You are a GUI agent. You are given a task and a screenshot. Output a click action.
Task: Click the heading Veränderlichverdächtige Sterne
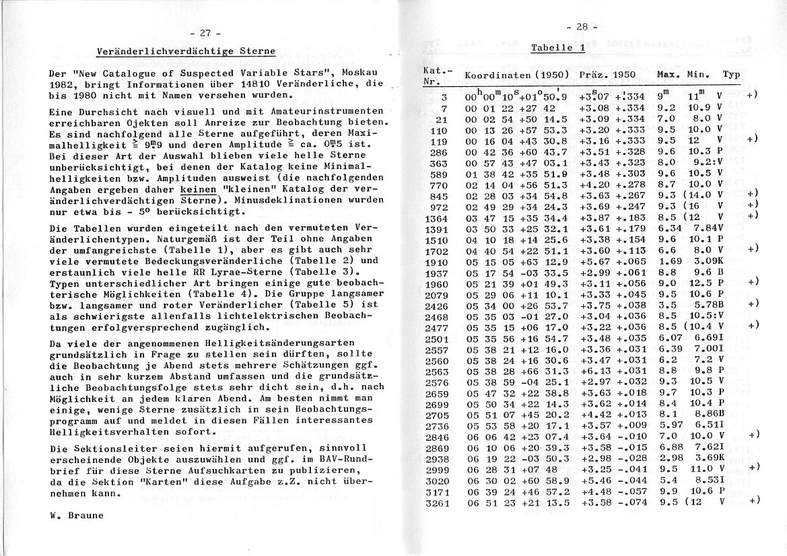click(x=186, y=51)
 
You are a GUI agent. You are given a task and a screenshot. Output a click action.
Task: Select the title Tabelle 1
click(x=557, y=47)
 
